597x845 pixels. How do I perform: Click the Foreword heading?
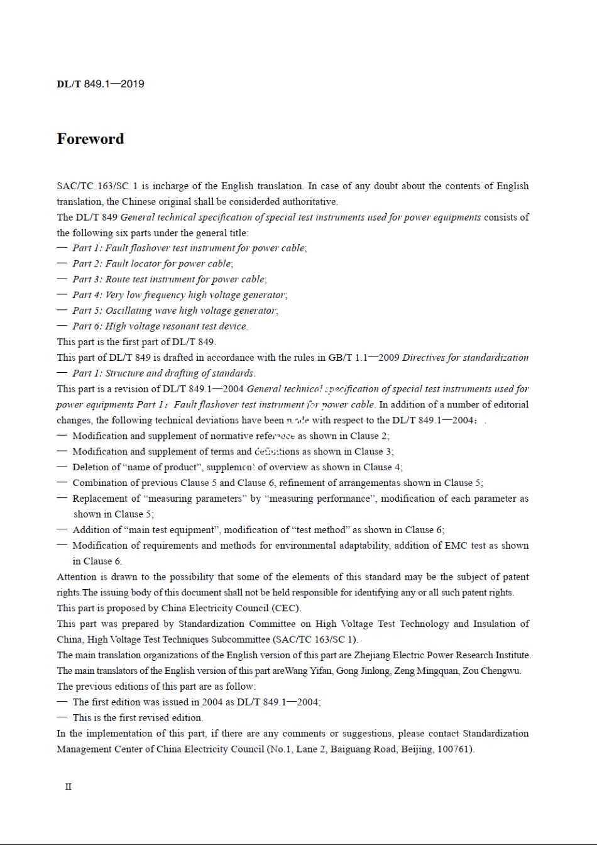click(90, 139)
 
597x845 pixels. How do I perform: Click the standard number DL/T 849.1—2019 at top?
click(101, 84)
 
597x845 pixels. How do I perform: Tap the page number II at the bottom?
click(68, 787)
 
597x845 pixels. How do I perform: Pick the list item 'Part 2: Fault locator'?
click(152, 264)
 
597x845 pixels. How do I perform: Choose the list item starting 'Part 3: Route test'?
click(168, 279)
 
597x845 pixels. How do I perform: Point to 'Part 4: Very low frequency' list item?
click(179, 295)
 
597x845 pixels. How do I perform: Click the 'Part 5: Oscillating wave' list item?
click(175, 311)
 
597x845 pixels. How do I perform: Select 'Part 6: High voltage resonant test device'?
click(160, 326)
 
